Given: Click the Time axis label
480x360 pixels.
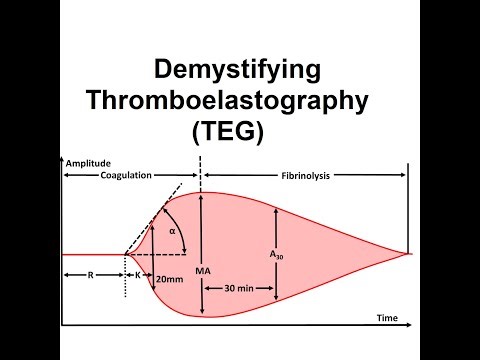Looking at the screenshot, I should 387,318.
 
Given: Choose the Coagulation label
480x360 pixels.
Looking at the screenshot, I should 127,175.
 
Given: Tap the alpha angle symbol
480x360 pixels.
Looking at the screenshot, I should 171,230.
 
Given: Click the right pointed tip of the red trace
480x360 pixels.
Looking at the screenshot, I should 410,254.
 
